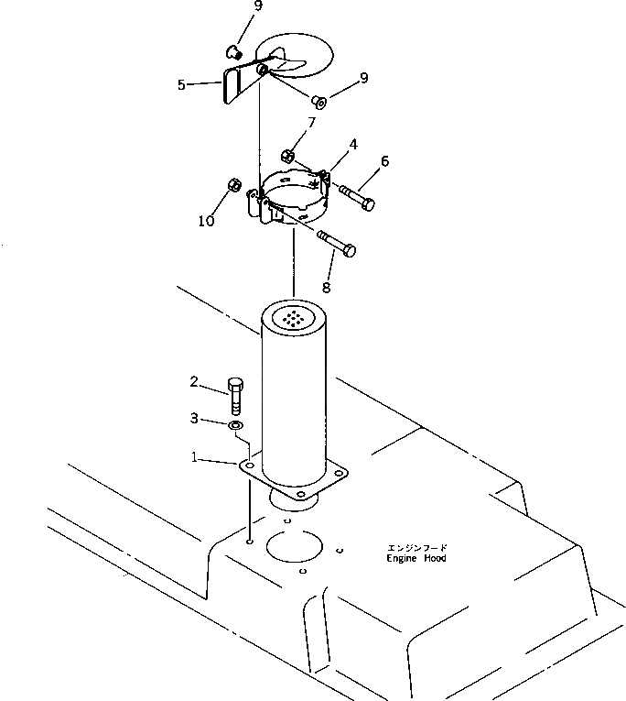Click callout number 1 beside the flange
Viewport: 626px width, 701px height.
194,455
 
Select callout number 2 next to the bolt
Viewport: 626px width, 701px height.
195,380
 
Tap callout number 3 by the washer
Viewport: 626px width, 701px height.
194,418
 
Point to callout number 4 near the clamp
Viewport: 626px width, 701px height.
352,144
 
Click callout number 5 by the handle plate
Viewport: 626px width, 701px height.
181,84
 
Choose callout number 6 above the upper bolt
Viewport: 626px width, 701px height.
384,161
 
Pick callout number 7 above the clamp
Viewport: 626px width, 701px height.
311,122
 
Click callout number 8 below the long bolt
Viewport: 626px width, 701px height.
327,287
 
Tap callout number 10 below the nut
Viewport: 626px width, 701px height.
207,221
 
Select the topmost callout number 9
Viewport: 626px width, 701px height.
257,6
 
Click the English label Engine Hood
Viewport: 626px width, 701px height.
416,558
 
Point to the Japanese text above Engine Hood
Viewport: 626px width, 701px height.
416,547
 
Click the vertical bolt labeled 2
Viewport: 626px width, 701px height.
236,397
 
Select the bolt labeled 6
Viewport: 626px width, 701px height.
355,197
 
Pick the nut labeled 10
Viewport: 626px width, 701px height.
233,186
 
